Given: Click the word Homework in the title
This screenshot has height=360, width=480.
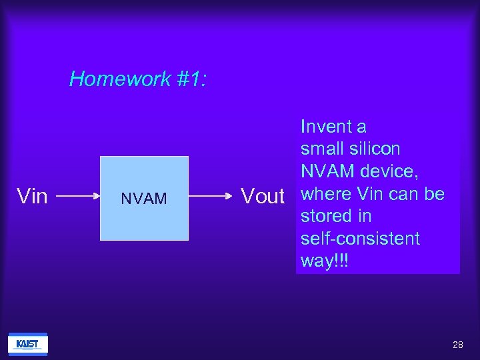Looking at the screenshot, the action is (x=121, y=79).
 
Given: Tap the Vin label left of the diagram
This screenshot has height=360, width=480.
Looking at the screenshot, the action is (x=32, y=197).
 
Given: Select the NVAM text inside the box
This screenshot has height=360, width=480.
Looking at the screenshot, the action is (x=144, y=199).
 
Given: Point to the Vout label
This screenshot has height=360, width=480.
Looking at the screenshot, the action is (x=263, y=196).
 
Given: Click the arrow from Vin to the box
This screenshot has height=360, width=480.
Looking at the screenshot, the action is (x=75, y=197).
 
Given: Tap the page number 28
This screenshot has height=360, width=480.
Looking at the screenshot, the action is (x=457, y=345).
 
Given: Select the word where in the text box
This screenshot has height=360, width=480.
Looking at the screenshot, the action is (x=326, y=194).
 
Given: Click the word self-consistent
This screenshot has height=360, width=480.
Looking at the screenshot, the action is (x=360, y=239).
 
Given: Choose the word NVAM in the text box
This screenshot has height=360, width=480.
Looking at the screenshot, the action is (x=327, y=171).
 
